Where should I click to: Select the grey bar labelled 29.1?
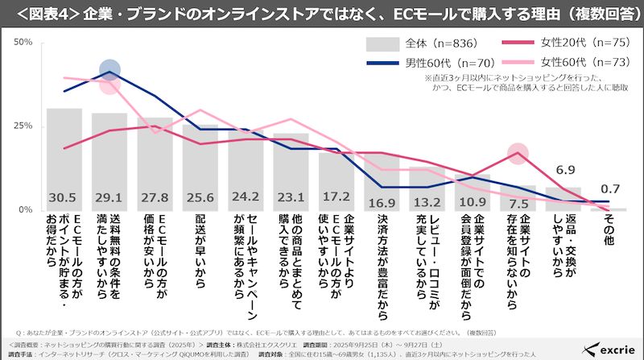tap(109, 161)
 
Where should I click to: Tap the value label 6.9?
tap(565, 170)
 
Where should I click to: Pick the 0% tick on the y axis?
tap(25, 210)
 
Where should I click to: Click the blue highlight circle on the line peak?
tap(110, 71)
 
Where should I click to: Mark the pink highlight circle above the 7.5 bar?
tap(518, 153)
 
